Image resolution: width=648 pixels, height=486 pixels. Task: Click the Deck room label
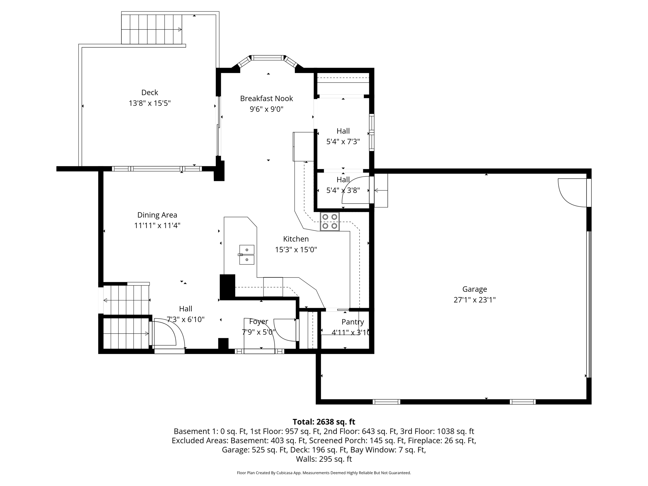(x=150, y=92)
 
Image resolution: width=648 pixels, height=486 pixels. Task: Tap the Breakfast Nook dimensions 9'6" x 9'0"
(x=266, y=109)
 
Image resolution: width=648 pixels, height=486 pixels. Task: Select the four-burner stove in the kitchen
(x=329, y=221)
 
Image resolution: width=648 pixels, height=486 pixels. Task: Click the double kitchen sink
(x=246, y=255)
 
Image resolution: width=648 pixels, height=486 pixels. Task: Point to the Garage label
(x=474, y=289)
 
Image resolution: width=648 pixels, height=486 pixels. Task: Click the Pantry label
(x=352, y=322)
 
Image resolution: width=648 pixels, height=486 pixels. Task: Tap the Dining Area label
(x=157, y=215)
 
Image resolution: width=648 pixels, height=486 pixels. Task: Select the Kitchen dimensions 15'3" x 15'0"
(x=296, y=250)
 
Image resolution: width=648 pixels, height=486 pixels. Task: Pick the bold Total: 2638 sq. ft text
(x=324, y=422)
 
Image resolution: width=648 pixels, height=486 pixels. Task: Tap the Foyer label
(x=259, y=321)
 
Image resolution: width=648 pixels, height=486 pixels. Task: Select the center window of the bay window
(x=268, y=58)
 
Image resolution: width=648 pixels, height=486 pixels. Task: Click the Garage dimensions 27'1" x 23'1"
(x=474, y=300)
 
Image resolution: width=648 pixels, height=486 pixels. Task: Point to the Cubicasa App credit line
(x=324, y=473)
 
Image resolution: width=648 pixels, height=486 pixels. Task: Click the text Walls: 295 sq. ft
(x=324, y=459)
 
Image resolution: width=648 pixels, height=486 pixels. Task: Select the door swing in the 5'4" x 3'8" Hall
(x=354, y=190)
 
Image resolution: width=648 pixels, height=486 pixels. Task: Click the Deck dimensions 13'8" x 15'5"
(x=150, y=103)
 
